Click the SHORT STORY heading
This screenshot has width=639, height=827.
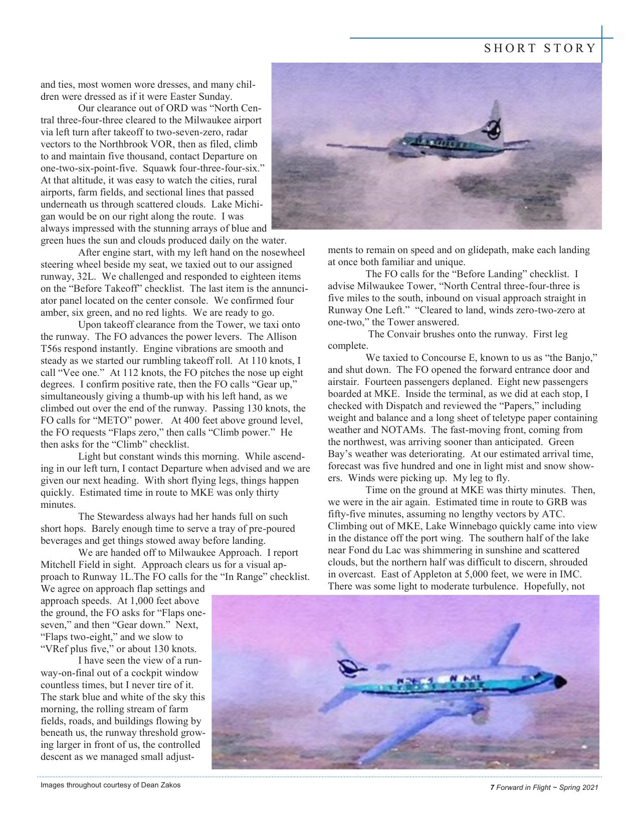pos(540,49)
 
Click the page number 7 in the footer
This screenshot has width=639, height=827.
pos(492,788)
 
